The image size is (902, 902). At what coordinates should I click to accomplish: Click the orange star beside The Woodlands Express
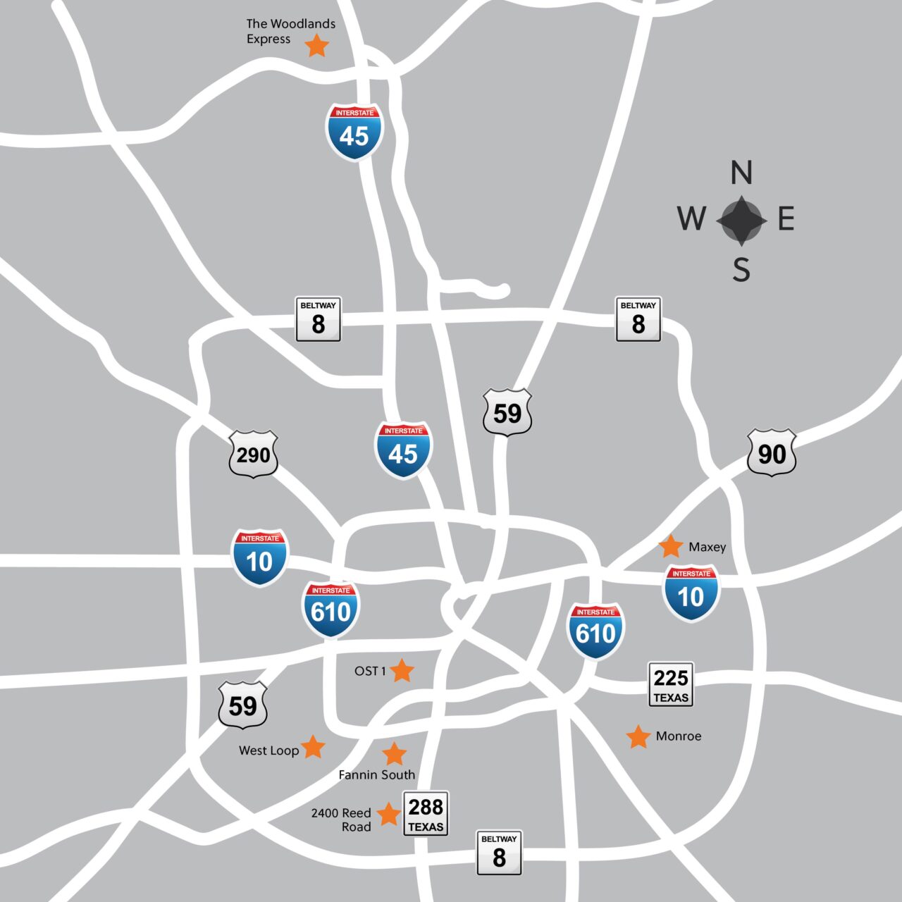(317, 46)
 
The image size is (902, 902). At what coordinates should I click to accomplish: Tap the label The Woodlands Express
(290, 32)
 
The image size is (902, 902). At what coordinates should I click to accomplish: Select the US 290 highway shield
(254, 455)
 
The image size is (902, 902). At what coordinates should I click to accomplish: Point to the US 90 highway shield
(772, 453)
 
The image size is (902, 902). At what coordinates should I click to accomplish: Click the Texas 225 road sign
(671, 684)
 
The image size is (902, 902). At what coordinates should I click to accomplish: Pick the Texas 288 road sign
(426, 813)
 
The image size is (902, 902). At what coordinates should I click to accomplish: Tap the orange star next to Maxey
(671, 546)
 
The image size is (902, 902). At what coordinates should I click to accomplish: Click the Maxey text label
(707, 547)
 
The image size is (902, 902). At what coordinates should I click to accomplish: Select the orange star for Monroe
(638, 736)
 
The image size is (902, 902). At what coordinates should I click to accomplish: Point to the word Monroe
(678, 736)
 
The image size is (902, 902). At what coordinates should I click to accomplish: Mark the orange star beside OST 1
(402, 671)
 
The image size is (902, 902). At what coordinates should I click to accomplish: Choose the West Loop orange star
(314, 747)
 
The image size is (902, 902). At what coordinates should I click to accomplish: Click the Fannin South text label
(376, 775)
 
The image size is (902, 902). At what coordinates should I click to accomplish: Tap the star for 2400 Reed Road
(388, 814)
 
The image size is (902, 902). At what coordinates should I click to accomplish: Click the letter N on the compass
(741, 173)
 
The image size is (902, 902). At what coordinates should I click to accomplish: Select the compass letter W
(692, 218)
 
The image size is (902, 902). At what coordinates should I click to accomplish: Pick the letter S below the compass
(741, 270)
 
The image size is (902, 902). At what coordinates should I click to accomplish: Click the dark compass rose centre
(741, 221)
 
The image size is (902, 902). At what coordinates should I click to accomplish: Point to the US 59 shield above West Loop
(243, 705)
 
